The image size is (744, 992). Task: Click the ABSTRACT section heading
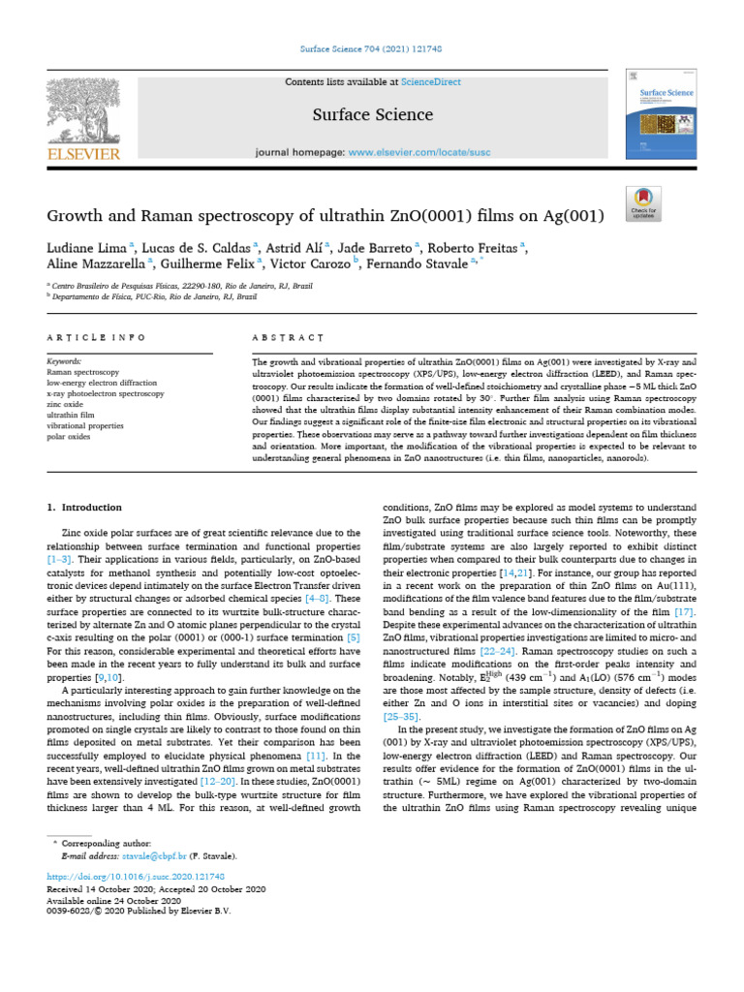pyautogui.click(x=287, y=337)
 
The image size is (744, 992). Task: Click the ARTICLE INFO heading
pyautogui.click(x=97, y=337)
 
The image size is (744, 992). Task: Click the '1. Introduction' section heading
pyautogui.click(x=84, y=508)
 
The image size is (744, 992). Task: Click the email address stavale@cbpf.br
pyautogui.click(x=150, y=856)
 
